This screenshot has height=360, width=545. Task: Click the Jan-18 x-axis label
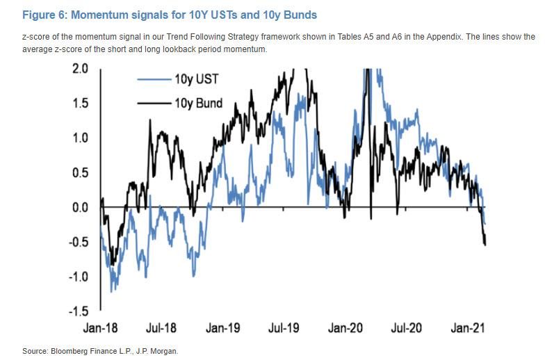(x=101, y=327)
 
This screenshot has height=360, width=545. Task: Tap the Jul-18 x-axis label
(x=162, y=327)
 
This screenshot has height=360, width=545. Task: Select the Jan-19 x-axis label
(x=225, y=327)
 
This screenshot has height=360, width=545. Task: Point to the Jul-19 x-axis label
(x=285, y=327)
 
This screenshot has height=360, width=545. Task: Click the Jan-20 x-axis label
(x=348, y=327)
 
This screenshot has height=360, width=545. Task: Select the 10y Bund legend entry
(x=200, y=104)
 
